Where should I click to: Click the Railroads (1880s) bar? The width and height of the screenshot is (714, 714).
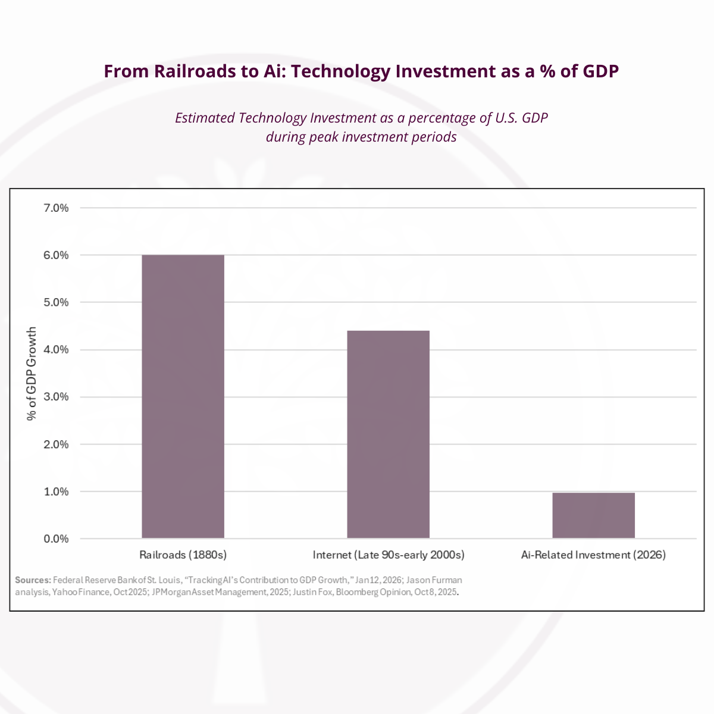tap(183, 396)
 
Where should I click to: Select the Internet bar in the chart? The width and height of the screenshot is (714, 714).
tap(388, 434)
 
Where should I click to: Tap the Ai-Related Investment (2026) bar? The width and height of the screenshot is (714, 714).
tap(593, 515)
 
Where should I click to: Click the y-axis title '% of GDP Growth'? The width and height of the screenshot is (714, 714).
tap(32, 374)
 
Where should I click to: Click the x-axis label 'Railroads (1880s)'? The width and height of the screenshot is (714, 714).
tap(183, 555)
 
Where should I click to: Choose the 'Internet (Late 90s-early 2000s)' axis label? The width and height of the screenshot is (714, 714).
tap(389, 555)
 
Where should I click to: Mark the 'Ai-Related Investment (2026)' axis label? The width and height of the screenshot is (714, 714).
tap(593, 555)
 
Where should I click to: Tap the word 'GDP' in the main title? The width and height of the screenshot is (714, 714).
tap(600, 71)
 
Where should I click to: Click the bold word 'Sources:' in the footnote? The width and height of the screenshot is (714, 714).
tap(33, 580)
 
